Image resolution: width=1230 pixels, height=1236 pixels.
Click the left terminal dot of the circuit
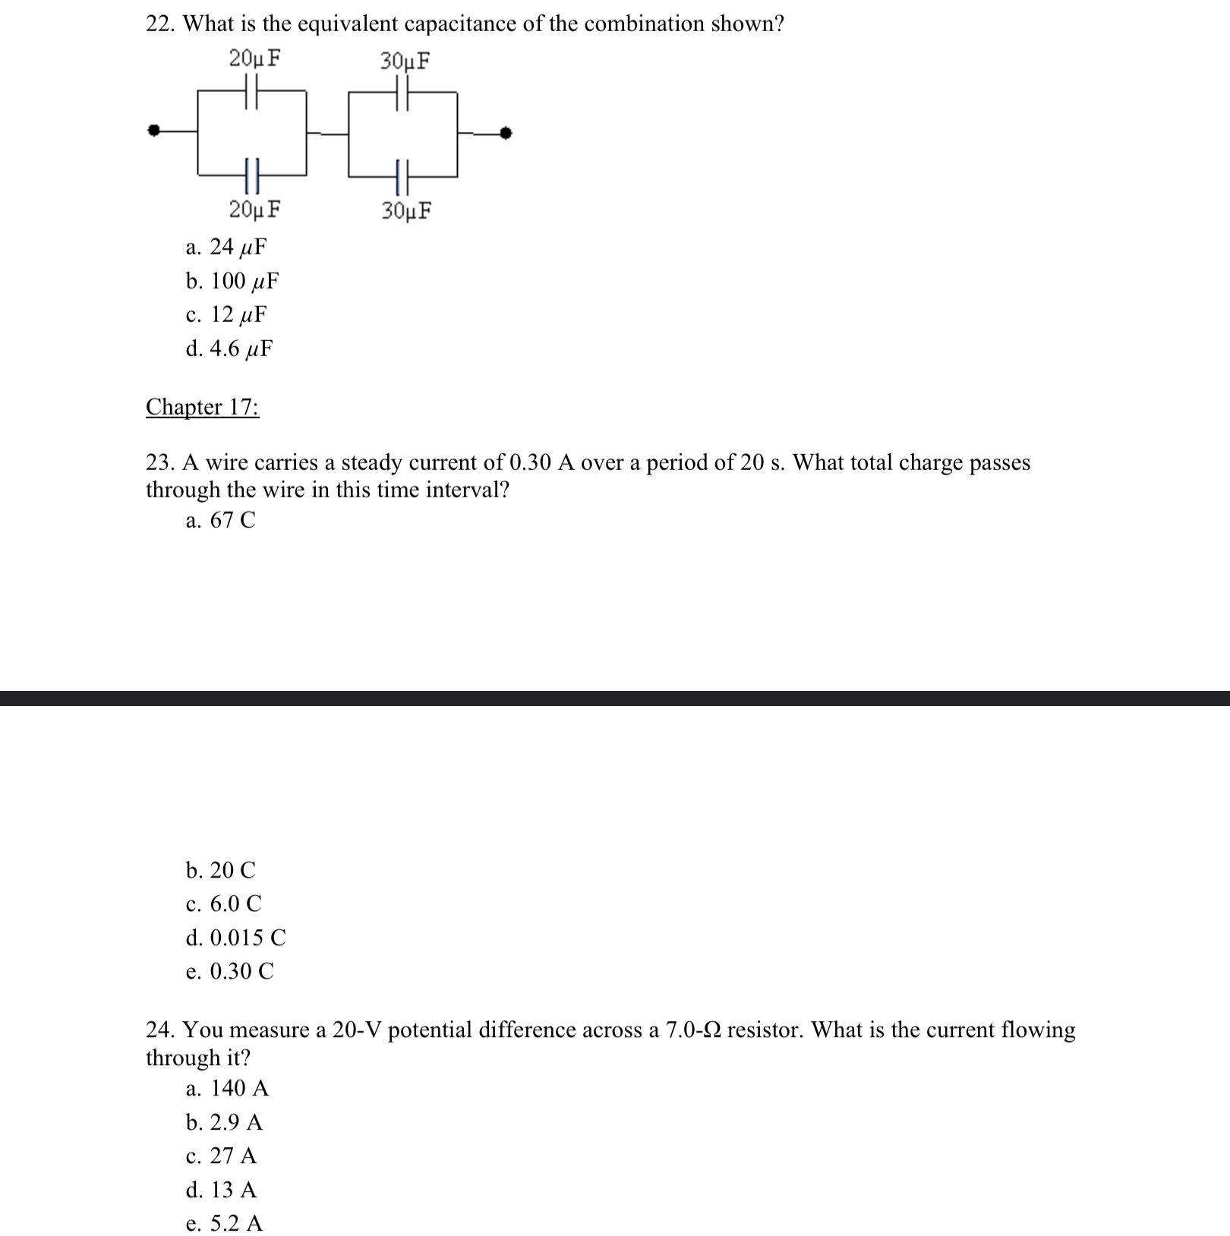(154, 131)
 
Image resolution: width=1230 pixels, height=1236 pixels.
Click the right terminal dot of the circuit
(506, 134)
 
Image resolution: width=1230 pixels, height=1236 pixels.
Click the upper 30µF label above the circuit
(405, 61)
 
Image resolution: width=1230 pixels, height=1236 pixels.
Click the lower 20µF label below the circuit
(254, 209)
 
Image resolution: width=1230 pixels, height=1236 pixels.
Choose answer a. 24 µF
(226, 247)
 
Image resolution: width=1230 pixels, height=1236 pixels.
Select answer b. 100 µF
(232, 281)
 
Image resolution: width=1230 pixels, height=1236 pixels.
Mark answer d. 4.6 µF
(229, 348)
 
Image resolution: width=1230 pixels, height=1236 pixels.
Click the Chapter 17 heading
(202, 407)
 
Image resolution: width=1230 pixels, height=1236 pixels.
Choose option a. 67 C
(220, 520)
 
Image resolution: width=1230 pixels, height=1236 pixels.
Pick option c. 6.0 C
(223, 903)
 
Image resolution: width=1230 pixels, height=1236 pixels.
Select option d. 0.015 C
(235, 938)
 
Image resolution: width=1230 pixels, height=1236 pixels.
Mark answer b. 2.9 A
(224, 1122)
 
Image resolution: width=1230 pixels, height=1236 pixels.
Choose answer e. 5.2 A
(224, 1223)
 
